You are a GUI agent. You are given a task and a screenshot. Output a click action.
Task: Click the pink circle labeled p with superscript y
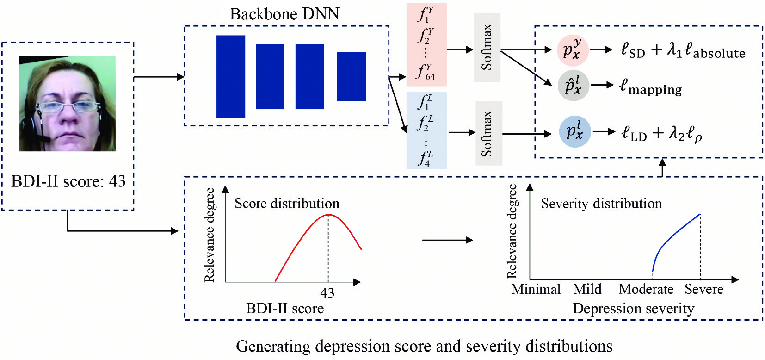coord(573,50)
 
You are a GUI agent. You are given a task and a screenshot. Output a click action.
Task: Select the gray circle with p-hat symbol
coord(573,86)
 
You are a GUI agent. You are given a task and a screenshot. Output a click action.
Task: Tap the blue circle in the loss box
coord(574,131)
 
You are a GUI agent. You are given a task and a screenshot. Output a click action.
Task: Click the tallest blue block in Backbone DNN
coord(231,76)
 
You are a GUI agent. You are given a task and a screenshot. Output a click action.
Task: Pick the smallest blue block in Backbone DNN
coord(352,76)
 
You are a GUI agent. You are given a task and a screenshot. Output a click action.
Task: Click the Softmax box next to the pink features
coord(487,48)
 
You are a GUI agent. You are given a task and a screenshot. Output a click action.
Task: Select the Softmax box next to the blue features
coord(488,133)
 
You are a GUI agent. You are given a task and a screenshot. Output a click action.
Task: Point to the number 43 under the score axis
coord(327,293)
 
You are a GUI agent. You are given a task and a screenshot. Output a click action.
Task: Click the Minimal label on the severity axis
coord(536,289)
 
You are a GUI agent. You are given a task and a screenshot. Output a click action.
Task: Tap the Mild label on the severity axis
coord(587,289)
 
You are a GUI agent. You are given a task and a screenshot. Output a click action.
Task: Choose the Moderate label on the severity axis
coord(646,289)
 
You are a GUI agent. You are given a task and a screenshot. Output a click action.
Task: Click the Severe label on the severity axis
coord(704,289)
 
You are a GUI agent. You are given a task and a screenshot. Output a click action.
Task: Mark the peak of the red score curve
coord(328,215)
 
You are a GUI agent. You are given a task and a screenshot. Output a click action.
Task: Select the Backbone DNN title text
coord(284,14)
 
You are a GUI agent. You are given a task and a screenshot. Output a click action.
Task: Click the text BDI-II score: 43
coord(68,181)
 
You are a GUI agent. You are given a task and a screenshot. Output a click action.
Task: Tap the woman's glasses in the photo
coord(68,107)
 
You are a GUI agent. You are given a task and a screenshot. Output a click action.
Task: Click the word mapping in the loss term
coord(655,89)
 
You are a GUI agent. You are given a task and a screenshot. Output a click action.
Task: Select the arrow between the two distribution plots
coord(447,240)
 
